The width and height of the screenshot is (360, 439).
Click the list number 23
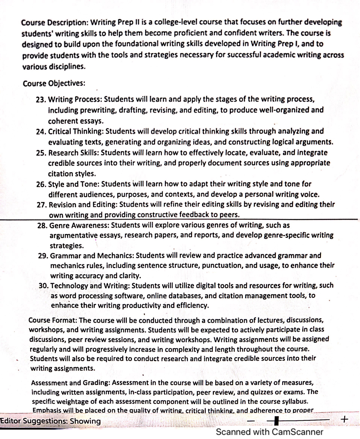[x=41, y=99]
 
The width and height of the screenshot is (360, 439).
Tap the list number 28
[x=42, y=225]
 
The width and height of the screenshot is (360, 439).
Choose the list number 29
[x=43, y=256]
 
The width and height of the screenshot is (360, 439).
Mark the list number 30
[x=44, y=286]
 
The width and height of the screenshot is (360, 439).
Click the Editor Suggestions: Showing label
[x=51, y=421]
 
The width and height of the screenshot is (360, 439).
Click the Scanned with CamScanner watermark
[x=269, y=432]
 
